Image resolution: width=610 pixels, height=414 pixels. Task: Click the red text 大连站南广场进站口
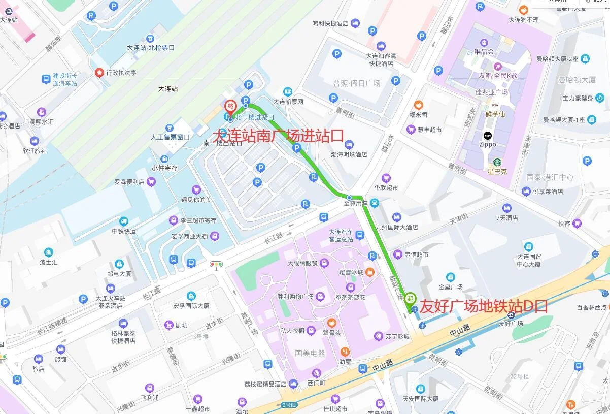(278, 136)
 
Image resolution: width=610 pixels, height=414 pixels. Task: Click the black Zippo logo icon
(487, 136)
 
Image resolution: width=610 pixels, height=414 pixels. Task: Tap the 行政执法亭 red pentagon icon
(99, 72)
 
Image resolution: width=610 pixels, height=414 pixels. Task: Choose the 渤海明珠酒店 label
(349, 154)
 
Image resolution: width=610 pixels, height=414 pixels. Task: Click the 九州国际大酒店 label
(396, 227)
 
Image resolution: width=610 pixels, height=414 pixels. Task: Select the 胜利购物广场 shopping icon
(320, 296)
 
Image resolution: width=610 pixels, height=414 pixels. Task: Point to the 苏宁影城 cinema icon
(378, 336)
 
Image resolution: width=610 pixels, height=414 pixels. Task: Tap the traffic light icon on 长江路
(217, 264)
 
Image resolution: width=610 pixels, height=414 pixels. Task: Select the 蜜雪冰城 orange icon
(370, 272)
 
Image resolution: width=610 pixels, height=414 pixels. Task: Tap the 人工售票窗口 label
(170, 137)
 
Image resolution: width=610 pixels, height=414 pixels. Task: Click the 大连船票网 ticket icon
(288, 92)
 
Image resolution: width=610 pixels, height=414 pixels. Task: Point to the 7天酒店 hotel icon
(506, 208)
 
